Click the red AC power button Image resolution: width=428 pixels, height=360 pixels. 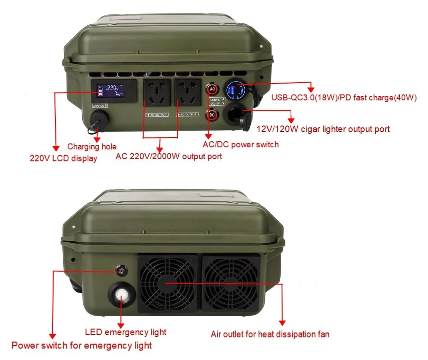212,89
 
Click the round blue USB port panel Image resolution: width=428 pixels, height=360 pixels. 235,90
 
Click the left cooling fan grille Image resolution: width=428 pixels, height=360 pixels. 168,283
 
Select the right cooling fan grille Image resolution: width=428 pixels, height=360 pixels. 231,283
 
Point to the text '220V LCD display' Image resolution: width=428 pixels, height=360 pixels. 63,158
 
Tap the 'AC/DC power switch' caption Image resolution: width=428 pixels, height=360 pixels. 241,144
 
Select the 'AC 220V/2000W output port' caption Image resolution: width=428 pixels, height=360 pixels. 169,156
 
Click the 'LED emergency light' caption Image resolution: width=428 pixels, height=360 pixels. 126,332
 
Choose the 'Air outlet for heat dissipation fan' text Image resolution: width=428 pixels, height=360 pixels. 270,334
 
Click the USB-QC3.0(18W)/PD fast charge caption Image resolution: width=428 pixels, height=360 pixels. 344,97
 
